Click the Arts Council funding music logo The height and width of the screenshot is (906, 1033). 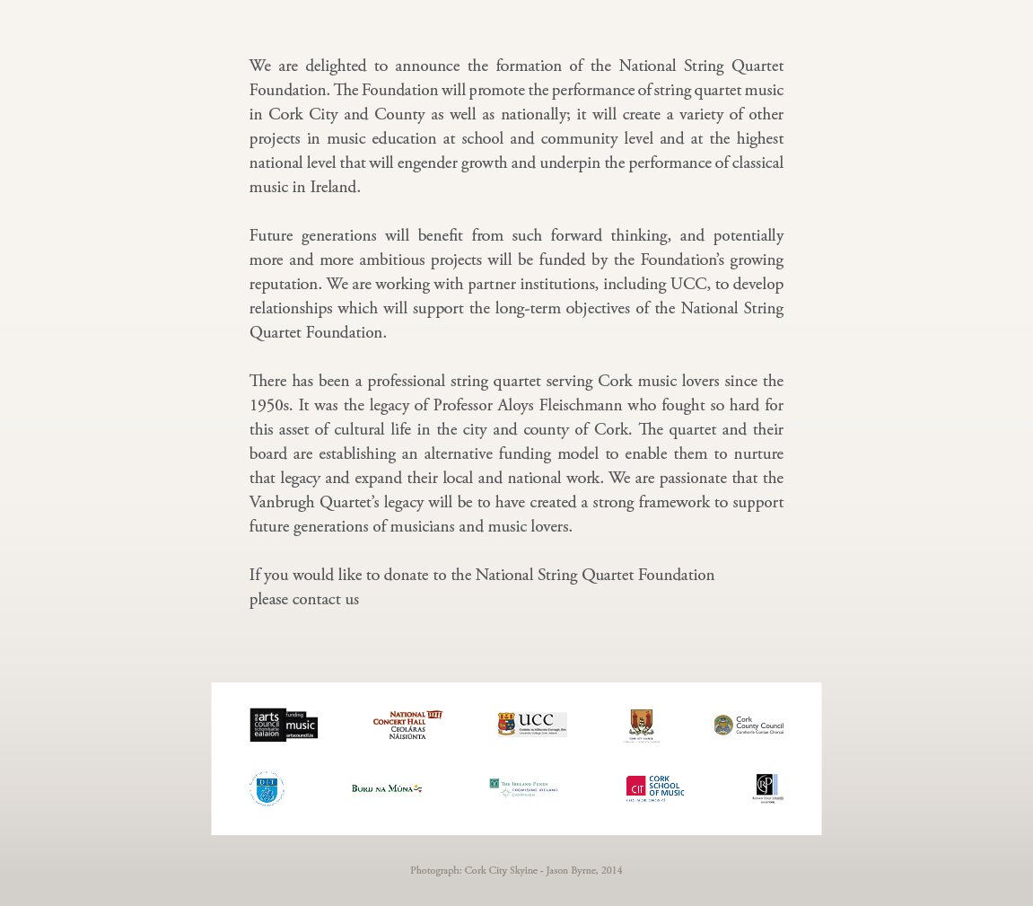tap(284, 725)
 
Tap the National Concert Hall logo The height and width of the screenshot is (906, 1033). tap(407, 725)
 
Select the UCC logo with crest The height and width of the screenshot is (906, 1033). tap(532, 725)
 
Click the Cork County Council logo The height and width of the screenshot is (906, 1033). tap(748, 725)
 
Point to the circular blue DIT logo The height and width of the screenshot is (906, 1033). tap(267, 788)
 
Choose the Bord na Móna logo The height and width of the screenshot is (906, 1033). tap(387, 788)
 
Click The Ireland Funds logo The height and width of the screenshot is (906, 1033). tap(523, 787)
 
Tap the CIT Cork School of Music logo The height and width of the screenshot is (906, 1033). tap(655, 787)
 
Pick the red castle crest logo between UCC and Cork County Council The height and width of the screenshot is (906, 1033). tap(641, 726)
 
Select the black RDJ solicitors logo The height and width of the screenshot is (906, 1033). tap(767, 788)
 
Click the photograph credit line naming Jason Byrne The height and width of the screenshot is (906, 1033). tap(516, 870)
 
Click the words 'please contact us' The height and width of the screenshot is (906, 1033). tap(304, 599)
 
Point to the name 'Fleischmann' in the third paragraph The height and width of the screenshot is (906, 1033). tap(580, 405)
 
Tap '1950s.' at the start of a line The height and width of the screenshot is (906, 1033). tap(270, 405)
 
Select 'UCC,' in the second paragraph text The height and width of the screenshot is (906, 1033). tap(689, 284)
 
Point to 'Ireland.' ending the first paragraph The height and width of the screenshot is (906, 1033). tap(335, 187)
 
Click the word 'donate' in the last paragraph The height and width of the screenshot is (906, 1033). tap(406, 575)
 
